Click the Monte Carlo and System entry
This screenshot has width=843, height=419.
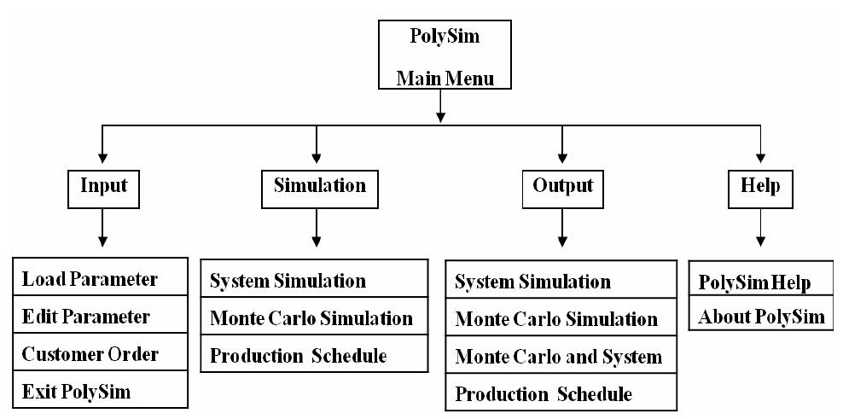(558, 357)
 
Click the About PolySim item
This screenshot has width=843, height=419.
(761, 317)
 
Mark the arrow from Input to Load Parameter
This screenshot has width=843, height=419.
(102, 230)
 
